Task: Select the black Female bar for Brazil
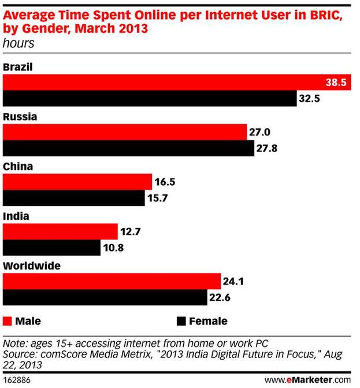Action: [150, 99]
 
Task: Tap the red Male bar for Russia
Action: [125, 132]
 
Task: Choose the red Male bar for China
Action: [77, 182]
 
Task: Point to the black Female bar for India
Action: [52, 248]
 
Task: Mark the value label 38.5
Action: [335, 83]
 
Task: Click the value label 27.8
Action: [267, 149]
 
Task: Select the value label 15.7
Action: [157, 198]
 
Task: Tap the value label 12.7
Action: [131, 232]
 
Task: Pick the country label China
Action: [17, 167]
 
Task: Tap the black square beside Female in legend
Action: [179, 321]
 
